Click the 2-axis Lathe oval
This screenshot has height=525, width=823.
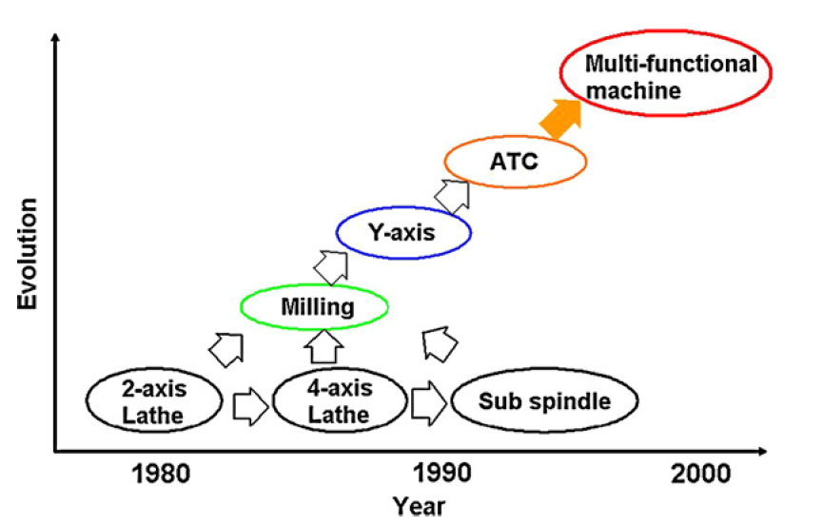(152, 400)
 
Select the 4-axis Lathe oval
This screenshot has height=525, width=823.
(340, 400)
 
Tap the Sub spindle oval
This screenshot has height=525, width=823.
(544, 401)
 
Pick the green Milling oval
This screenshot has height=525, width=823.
(315, 306)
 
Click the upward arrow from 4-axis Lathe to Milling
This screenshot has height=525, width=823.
(325, 345)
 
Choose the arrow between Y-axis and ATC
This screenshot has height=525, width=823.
(453, 194)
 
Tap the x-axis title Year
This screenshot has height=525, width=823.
(420, 506)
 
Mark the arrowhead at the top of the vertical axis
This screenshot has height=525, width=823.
(58, 39)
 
